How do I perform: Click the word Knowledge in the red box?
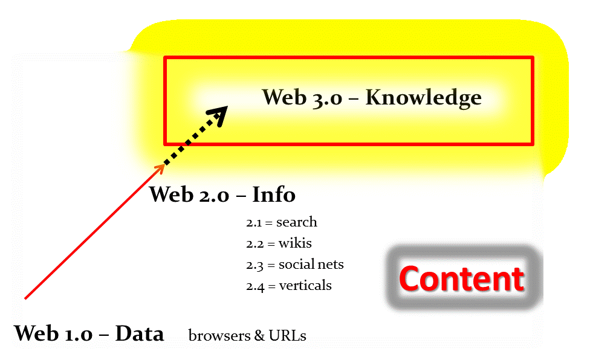[423, 97]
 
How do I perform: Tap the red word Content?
[461, 279]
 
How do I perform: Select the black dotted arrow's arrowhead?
[219, 114]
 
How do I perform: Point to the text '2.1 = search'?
[281, 222]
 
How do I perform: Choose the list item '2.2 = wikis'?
[279, 243]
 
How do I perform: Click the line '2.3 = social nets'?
[294, 265]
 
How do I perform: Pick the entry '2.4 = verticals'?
[288, 286]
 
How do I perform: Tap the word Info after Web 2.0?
[273, 195]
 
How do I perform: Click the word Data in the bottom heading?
[140, 333]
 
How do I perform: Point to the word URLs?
[288, 336]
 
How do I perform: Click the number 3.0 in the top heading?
[326, 97]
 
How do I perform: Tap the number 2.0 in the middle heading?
[213, 195]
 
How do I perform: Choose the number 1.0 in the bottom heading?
[77, 333]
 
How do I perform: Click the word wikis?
[295, 243]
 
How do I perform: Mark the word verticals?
[305, 286]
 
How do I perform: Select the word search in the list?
[296, 222]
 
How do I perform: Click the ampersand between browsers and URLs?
[259, 336]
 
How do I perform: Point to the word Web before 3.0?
[285, 97]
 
